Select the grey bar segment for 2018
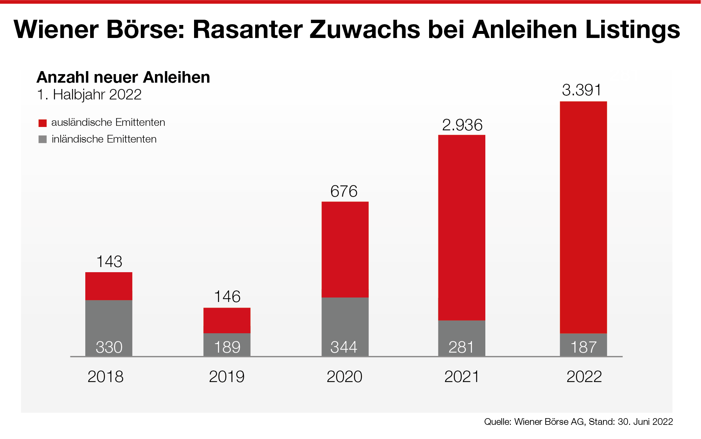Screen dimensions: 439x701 click(x=109, y=328)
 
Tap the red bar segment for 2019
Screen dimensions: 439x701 click(x=227, y=320)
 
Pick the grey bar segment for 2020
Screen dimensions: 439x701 click(x=345, y=326)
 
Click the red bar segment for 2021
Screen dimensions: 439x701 click(x=461, y=227)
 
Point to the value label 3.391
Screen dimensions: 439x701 click(x=581, y=90)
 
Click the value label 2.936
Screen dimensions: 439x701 click(x=462, y=125)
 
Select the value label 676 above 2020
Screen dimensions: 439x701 click(x=344, y=191)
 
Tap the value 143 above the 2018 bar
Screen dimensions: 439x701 click(x=109, y=262)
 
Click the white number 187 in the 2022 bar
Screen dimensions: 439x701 click(x=583, y=347)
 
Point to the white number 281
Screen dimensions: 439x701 click(x=461, y=347)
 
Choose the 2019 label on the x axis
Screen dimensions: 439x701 click(x=226, y=377)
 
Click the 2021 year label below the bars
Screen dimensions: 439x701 click(x=462, y=377)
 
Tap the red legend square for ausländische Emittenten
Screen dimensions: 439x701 click(x=43, y=123)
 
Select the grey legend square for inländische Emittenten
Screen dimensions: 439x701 click(x=43, y=140)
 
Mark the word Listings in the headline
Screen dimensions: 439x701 click(x=632, y=29)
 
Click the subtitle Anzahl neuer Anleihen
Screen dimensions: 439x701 click(x=123, y=77)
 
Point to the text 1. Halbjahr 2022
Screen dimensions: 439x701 click(x=89, y=95)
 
